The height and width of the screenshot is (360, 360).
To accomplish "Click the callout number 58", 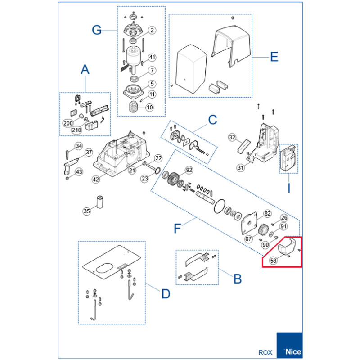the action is [x=273, y=261].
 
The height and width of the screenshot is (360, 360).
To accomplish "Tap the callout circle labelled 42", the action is [x=96, y=179].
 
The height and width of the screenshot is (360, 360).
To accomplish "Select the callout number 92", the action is [x=189, y=170].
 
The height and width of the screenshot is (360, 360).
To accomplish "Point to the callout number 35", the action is [x=86, y=211].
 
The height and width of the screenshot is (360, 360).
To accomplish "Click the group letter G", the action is [x=97, y=30].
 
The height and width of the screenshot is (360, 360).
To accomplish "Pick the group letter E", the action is [x=274, y=57].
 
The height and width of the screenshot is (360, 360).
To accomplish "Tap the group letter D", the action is [x=166, y=294].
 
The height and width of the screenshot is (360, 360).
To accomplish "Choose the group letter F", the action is [x=177, y=229].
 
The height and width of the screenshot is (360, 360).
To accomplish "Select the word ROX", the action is [x=265, y=352].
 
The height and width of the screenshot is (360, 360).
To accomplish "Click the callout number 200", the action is [x=68, y=123].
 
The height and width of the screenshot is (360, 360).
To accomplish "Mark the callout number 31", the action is [x=240, y=167].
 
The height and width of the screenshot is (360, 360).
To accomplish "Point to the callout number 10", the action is [x=150, y=107].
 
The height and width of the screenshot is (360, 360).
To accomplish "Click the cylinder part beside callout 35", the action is [x=100, y=202].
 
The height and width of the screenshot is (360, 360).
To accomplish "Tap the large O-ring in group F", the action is [x=220, y=206].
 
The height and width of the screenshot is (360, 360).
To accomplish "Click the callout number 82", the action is [x=267, y=213].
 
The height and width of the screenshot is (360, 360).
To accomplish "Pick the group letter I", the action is [x=289, y=188].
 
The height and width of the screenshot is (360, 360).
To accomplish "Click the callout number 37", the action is [x=89, y=152].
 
